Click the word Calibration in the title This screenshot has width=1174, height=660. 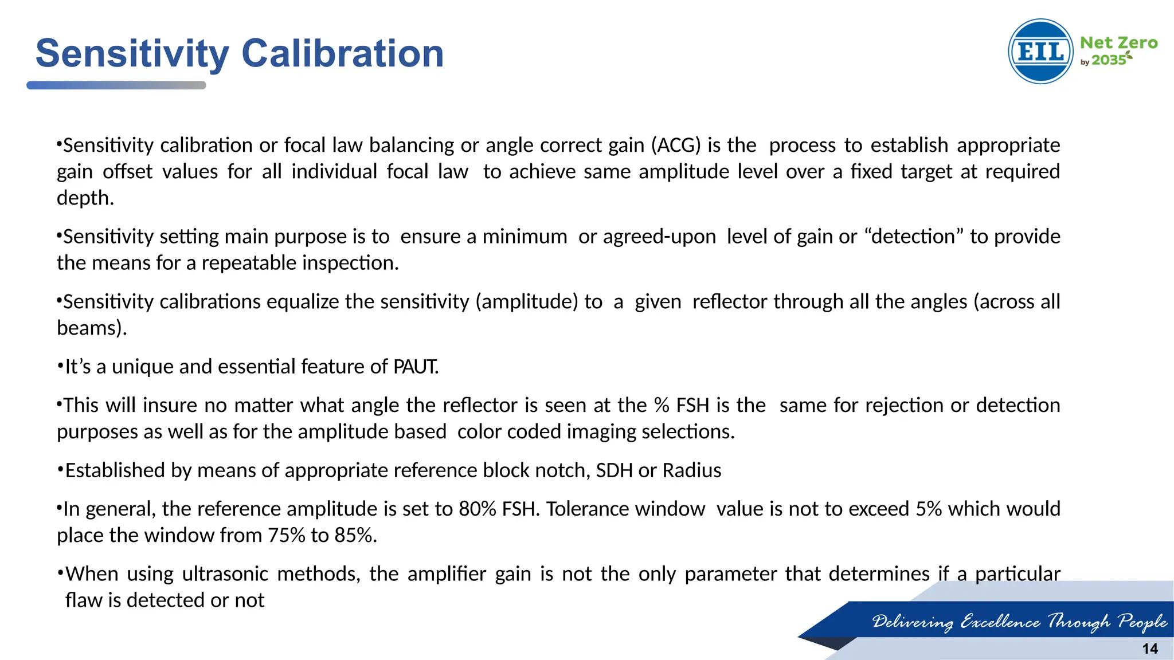pyautogui.click(x=342, y=53)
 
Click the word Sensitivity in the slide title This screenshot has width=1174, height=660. pyautogui.click(x=132, y=53)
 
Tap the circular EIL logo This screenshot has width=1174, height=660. pyautogui.click(x=1040, y=52)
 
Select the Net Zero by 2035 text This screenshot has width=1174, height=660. pyautogui.click(x=1118, y=51)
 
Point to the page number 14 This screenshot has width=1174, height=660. pyautogui.click(x=1149, y=649)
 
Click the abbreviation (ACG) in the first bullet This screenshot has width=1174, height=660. pyautogui.click(x=676, y=145)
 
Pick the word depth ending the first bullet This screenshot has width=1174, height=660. pyautogui.click(x=85, y=198)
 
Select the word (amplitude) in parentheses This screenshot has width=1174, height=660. pyautogui.click(x=527, y=301)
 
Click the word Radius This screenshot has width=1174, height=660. pyautogui.click(x=692, y=470)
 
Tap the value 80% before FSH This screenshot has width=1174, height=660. pyautogui.click(x=478, y=508)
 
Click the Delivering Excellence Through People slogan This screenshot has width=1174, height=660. pyautogui.click(x=1019, y=621)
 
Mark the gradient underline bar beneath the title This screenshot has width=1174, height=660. pyautogui.click(x=116, y=85)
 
